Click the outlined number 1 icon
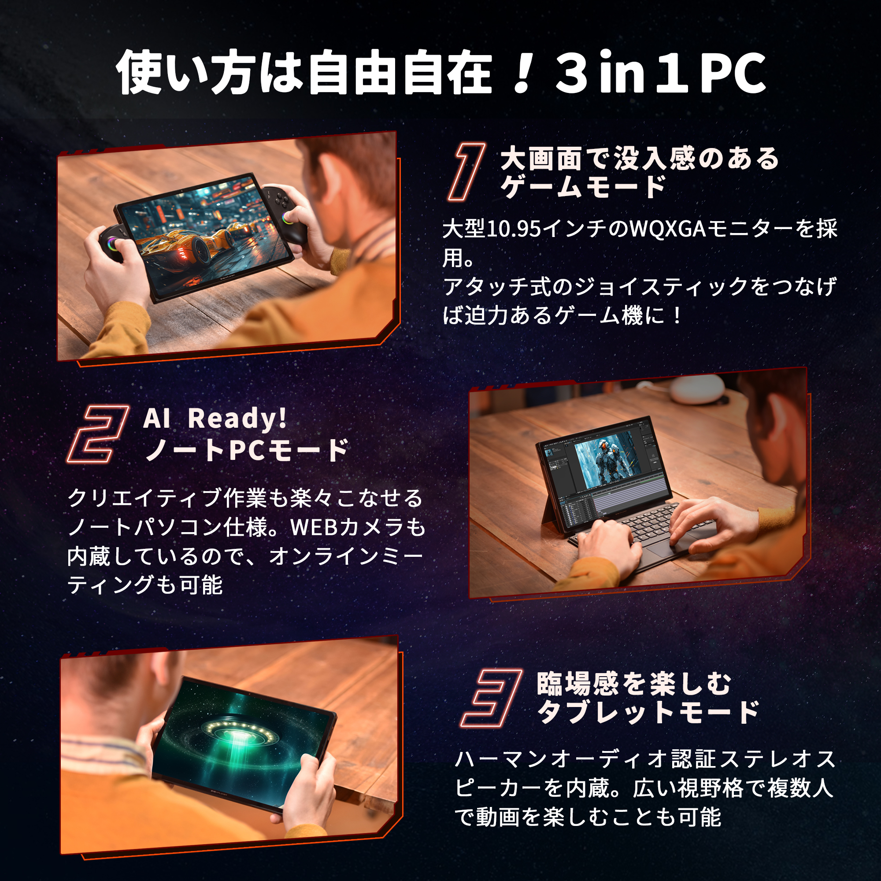pyautogui.click(x=466, y=172)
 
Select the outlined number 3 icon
pyautogui.click(x=491, y=697)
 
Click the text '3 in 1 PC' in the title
pyautogui.click(x=660, y=73)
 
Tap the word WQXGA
pyautogui.click(x=668, y=229)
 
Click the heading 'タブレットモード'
pyautogui.click(x=648, y=712)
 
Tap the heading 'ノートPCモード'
pyautogui.click(x=247, y=450)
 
